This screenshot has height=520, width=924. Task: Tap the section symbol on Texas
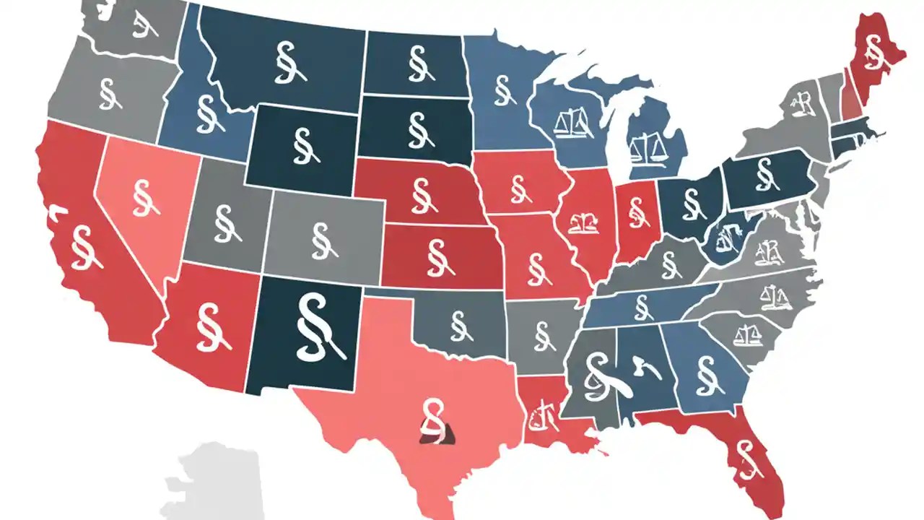[433, 419]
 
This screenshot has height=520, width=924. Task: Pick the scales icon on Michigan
[644, 147]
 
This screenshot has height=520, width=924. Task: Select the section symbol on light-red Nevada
[141, 198]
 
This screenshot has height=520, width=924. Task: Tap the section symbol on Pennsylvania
[764, 174]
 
